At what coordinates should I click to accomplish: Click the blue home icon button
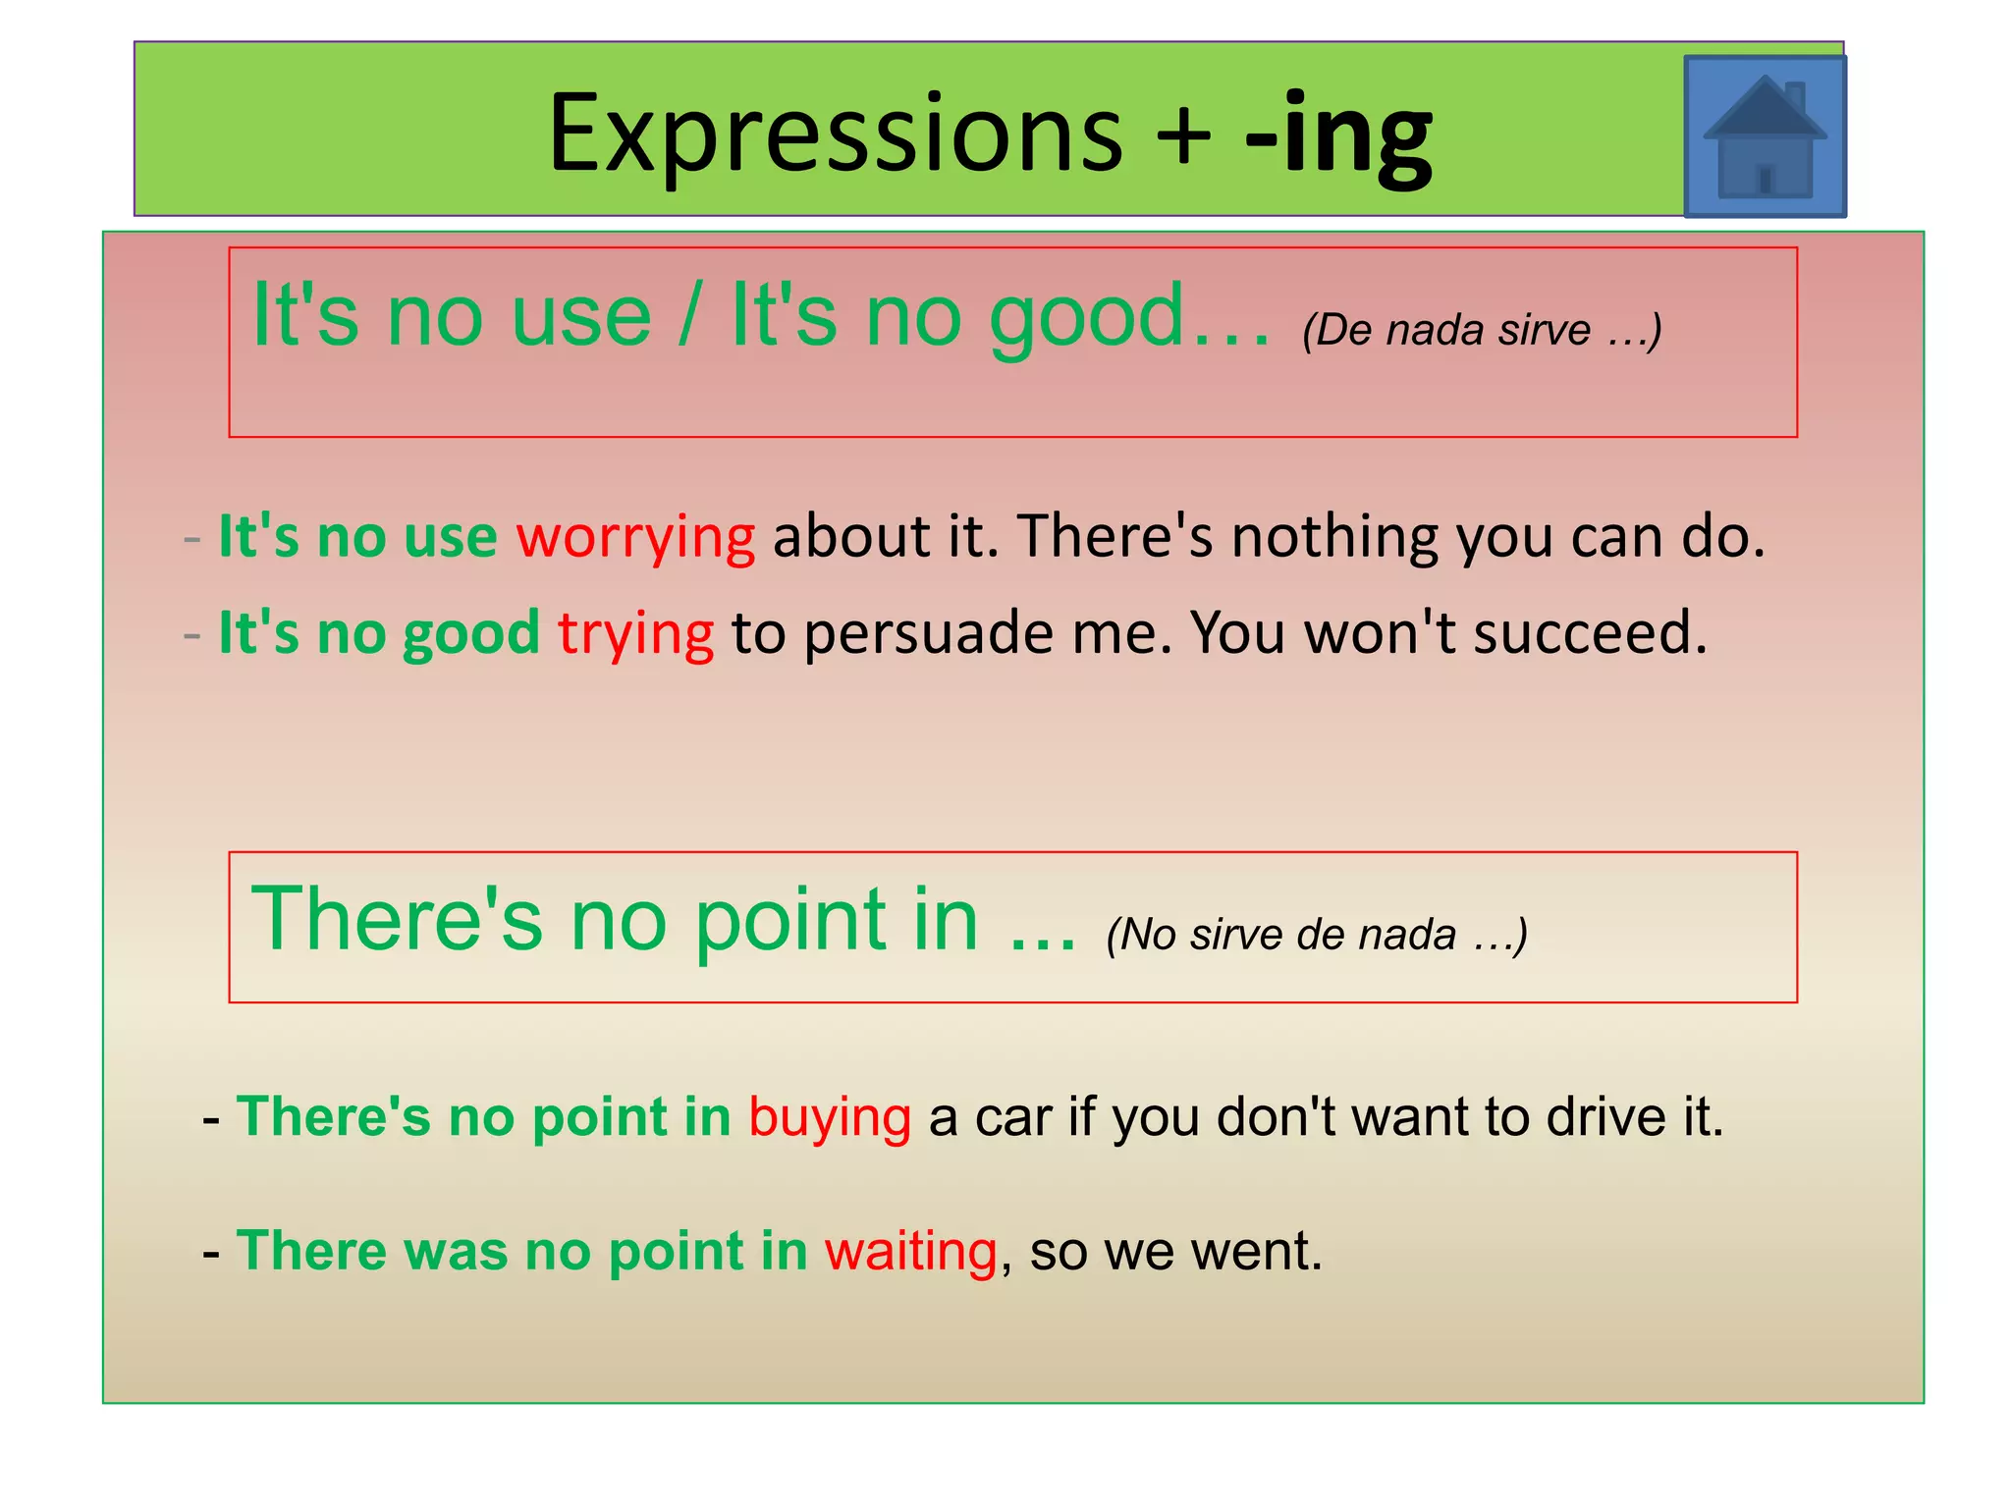click(1765, 136)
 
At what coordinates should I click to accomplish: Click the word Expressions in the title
click(835, 134)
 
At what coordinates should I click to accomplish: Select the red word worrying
click(635, 538)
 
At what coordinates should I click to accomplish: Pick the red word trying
click(635, 633)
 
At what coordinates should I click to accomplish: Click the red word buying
click(830, 1118)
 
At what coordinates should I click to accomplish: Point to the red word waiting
click(910, 1252)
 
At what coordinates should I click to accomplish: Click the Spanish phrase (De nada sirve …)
click(1482, 331)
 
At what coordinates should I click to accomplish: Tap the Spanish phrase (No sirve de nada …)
click(1317, 935)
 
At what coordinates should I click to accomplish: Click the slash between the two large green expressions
click(691, 316)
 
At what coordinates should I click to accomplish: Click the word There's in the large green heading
click(397, 920)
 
